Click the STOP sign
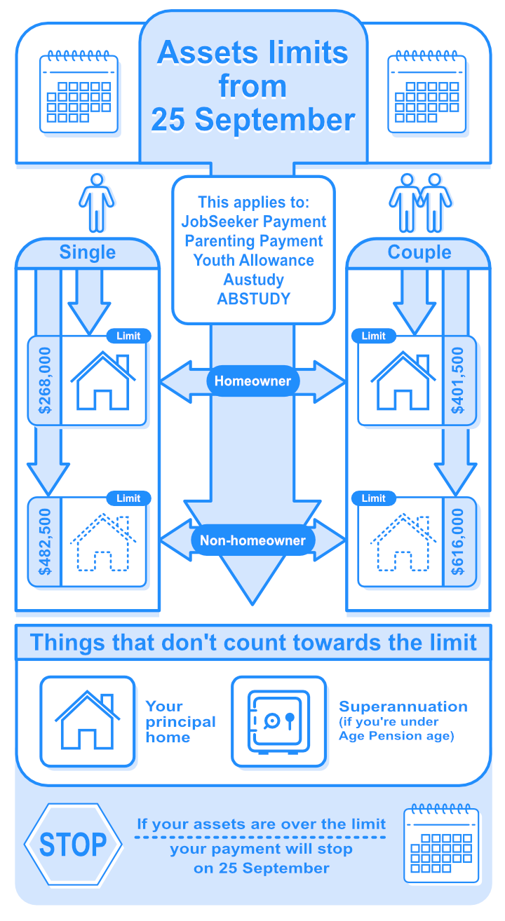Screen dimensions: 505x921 [x=73, y=845]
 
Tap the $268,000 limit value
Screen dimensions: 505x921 [x=44, y=381]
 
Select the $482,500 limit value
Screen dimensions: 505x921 [x=44, y=542]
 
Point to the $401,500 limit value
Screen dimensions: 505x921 [x=458, y=381]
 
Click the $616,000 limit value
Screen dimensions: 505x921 [x=458, y=542]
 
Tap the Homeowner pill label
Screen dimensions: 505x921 [x=252, y=381]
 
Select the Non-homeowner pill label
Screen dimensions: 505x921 [x=252, y=540]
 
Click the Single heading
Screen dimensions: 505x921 [x=88, y=252]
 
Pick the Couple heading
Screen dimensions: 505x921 [x=419, y=252]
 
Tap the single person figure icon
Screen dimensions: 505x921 [x=97, y=203]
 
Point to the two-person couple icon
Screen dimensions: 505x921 [x=421, y=203]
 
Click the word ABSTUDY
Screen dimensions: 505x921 [x=253, y=299]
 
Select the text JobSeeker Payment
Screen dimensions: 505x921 [x=253, y=221]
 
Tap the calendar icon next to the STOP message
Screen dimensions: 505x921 [x=441, y=843]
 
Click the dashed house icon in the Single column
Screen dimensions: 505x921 [x=103, y=542]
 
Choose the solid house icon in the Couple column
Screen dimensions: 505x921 [x=403, y=381]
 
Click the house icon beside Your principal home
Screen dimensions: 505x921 [x=87, y=720]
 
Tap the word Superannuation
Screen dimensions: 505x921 [x=403, y=707]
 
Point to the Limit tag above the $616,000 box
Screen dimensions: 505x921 [x=374, y=498]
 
